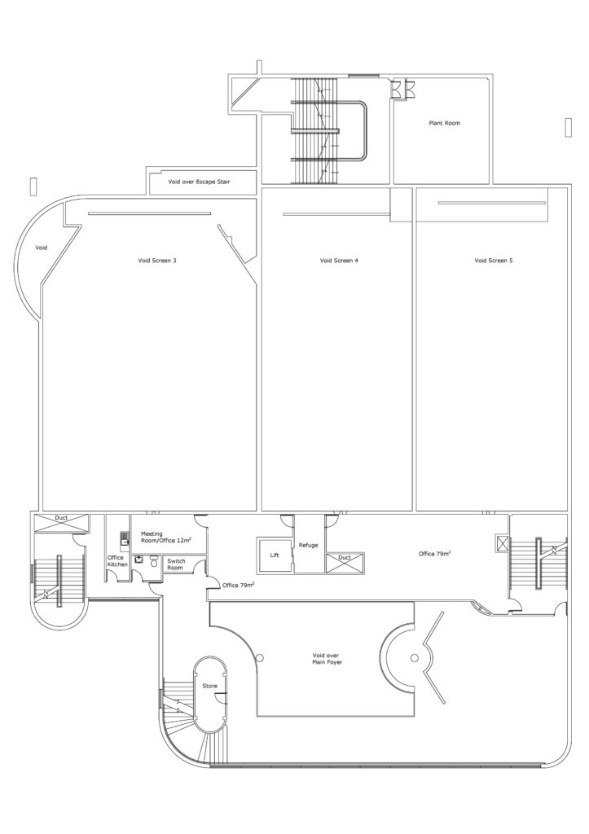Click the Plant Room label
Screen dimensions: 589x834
tap(444, 123)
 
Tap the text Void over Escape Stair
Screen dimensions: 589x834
tap(199, 182)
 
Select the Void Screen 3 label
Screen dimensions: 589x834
tap(157, 261)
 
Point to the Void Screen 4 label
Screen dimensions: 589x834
tap(339, 261)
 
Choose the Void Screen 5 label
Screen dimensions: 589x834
tap(493, 261)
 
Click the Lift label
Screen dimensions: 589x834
tap(275, 555)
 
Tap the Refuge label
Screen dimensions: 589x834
tap(309, 545)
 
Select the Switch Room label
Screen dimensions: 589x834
tap(176, 564)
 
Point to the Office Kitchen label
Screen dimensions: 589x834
tap(117, 560)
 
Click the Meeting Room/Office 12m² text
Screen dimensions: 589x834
tap(166, 537)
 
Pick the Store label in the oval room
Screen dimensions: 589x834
tap(209, 686)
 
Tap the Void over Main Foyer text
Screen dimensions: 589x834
tap(327, 659)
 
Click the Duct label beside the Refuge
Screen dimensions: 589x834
tap(345, 557)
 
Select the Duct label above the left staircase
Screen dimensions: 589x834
tap(61, 518)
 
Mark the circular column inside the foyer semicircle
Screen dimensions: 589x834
tap(415, 658)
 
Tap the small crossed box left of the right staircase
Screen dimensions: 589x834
tap(502, 542)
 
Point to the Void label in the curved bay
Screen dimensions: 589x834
tap(41, 248)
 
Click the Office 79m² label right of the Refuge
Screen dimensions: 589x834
tap(435, 554)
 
